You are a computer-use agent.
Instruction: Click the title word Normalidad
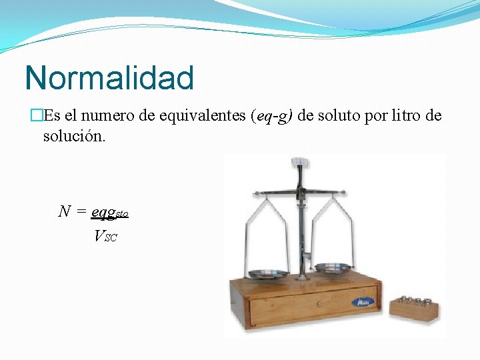click(x=109, y=78)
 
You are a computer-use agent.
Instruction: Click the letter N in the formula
click(x=65, y=212)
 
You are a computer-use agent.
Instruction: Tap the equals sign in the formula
click(x=81, y=212)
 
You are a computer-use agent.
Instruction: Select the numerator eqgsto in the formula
click(x=109, y=213)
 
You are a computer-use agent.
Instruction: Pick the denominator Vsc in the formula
click(x=105, y=235)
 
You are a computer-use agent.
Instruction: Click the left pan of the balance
click(x=268, y=274)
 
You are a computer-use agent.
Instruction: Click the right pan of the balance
click(x=333, y=267)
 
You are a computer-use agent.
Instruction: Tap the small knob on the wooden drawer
click(x=319, y=305)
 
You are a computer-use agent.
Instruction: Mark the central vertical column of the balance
click(x=301, y=227)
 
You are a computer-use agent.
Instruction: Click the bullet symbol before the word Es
click(x=37, y=116)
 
